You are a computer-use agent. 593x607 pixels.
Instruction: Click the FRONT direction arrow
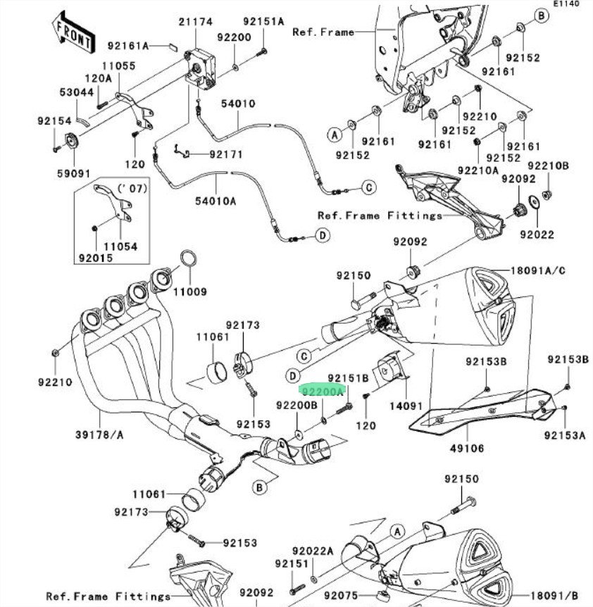point(73,32)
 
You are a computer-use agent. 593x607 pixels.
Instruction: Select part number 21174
point(195,23)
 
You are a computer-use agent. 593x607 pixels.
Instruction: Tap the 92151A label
point(263,22)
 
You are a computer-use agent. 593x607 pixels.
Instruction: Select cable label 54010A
point(216,201)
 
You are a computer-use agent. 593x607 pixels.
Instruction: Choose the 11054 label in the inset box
point(121,247)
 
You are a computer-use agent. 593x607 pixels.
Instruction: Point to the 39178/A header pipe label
point(99,434)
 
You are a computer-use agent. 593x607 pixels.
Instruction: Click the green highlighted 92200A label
point(322,389)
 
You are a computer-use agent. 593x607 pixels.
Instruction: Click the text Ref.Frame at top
point(323,32)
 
